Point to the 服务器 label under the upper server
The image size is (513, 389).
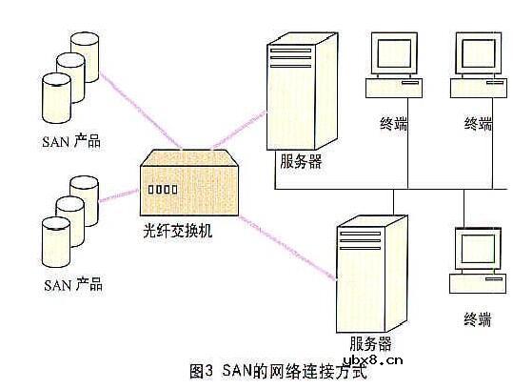coord(301,162)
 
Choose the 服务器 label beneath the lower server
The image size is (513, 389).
coord(370,342)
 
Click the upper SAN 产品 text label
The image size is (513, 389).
coord(72,141)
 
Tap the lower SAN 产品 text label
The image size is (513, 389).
coord(72,285)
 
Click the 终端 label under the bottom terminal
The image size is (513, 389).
coord(477,318)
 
